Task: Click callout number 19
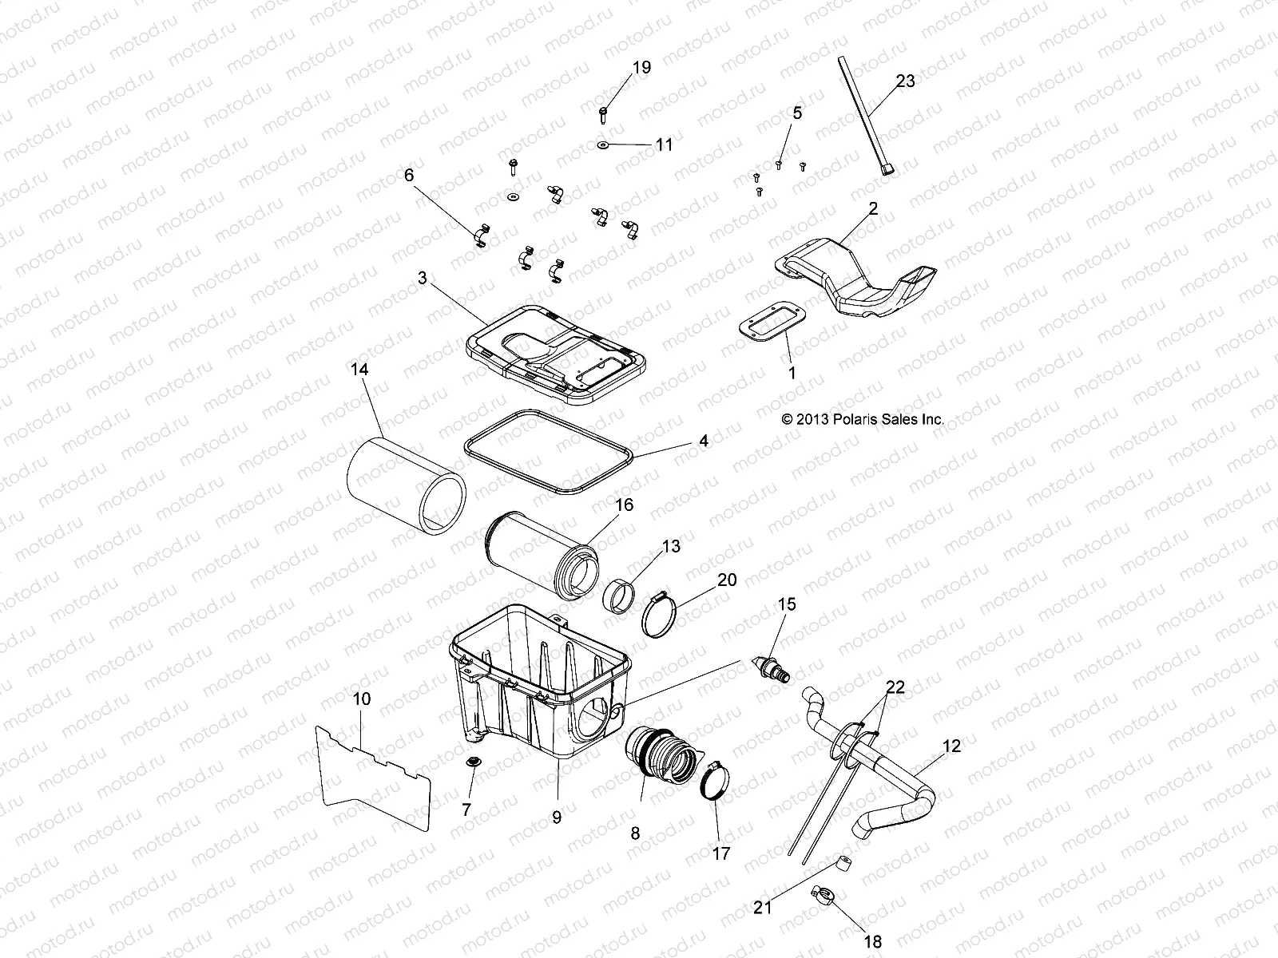point(642,68)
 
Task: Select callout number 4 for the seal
point(703,440)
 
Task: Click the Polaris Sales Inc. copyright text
point(863,418)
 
